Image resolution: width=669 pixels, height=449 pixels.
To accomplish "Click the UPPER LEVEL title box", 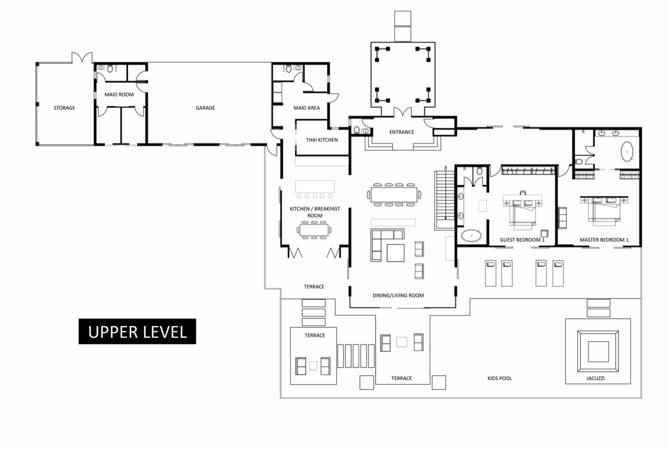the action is click(x=137, y=331).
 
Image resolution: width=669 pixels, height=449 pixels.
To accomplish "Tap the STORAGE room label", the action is click(x=64, y=108).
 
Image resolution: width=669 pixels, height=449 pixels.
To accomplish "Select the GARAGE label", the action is click(x=205, y=108).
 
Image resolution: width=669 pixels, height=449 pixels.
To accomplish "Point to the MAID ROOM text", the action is click(x=119, y=95).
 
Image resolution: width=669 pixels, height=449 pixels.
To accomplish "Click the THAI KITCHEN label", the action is click(x=322, y=140).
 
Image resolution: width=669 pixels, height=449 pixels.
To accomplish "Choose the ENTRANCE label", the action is click(x=402, y=132).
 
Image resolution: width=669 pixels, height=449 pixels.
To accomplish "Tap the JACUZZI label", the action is click(x=595, y=378).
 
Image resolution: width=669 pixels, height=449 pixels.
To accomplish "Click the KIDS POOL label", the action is click(x=500, y=378).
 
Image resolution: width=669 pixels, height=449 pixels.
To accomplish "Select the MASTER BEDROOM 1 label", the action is click(x=604, y=240).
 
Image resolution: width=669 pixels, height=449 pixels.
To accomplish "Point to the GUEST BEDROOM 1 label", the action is click(x=522, y=240).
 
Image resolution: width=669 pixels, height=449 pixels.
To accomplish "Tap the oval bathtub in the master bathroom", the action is click(x=627, y=151).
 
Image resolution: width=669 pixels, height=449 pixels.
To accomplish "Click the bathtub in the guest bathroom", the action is click(x=471, y=235).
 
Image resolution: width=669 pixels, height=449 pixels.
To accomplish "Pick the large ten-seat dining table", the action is click(x=394, y=195).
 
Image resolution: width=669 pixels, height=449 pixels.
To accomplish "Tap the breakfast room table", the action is click(x=314, y=230).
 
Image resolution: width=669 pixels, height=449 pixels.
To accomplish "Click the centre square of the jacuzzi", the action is click(x=598, y=352).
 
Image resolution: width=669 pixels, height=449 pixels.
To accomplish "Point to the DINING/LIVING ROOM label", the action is click(x=398, y=296).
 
